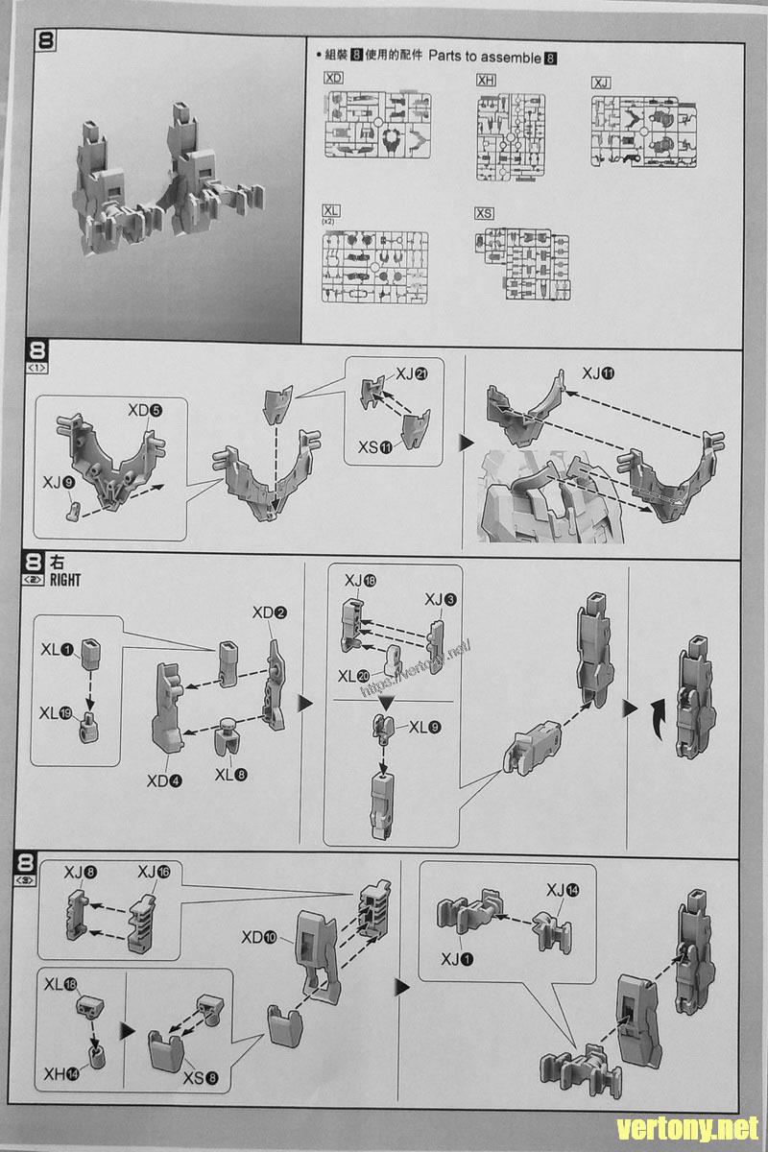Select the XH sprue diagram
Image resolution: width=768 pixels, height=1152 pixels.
511,136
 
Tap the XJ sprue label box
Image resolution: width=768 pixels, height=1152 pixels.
601,83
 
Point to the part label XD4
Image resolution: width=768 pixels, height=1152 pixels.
163,780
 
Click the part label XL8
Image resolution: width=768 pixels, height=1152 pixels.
231,773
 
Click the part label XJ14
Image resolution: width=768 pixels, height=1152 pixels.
563,890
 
